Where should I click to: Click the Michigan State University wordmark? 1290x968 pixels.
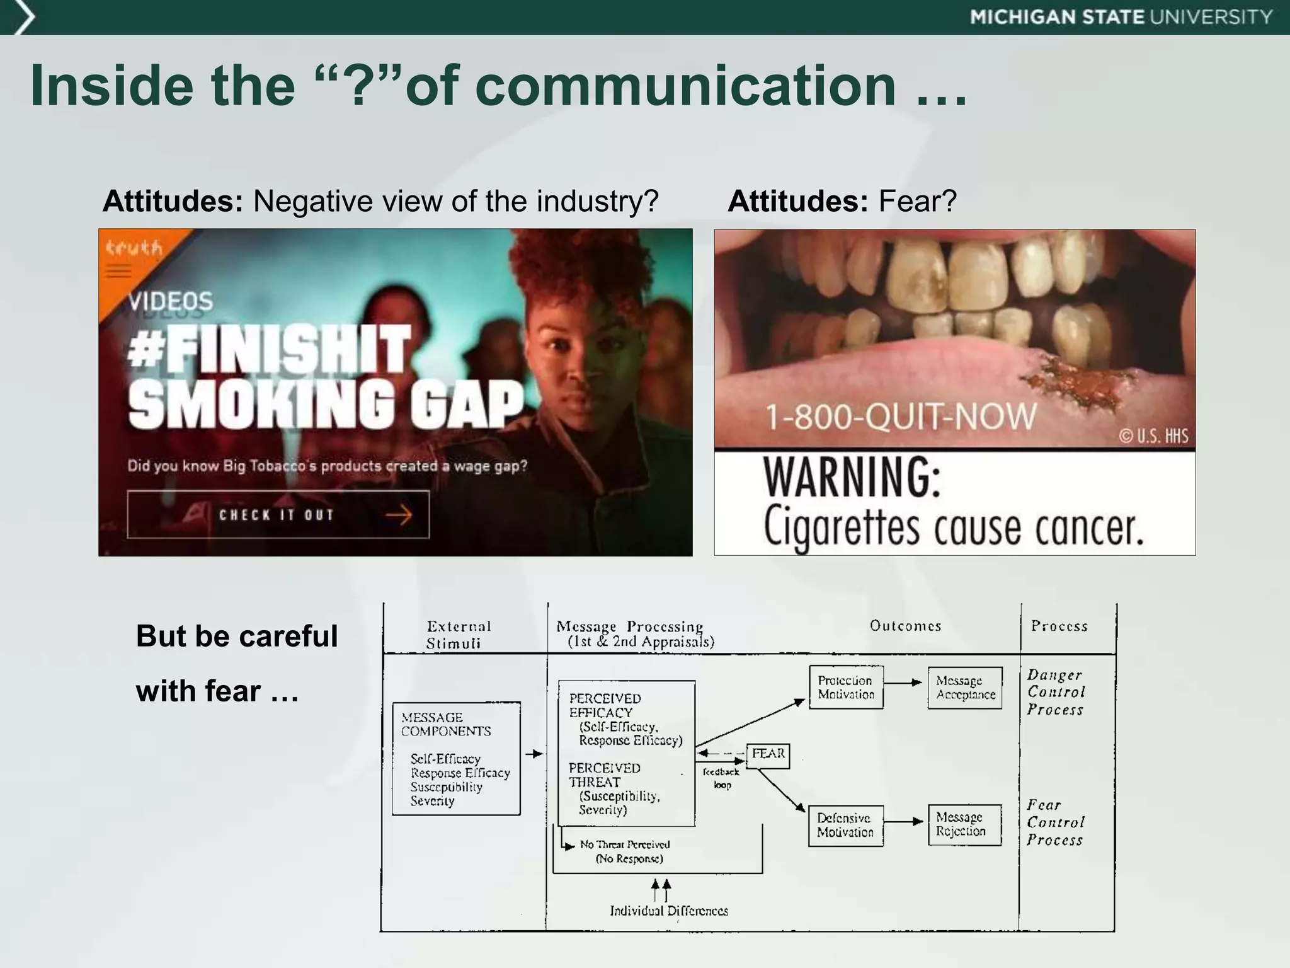click(x=1121, y=17)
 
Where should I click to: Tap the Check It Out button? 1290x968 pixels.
click(x=278, y=515)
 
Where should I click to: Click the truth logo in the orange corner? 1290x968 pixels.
click(x=134, y=248)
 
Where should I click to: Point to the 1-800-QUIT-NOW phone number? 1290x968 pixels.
click(x=900, y=417)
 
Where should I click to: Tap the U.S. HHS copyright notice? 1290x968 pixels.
click(x=1153, y=435)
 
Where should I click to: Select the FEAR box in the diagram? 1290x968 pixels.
click(x=768, y=754)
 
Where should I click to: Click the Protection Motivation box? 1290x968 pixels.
click(x=846, y=688)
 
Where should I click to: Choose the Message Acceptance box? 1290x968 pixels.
click(x=965, y=688)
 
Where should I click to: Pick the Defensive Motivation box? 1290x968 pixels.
click(x=845, y=825)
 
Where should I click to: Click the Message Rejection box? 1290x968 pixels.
click(x=964, y=824)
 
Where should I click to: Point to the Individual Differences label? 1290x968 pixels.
click(x=669, y=911)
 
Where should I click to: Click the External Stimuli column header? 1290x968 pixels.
click(x=457, y=634)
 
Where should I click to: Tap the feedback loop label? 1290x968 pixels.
click(x=721, y=778)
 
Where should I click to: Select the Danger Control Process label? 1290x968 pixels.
click(x=1056, y=692)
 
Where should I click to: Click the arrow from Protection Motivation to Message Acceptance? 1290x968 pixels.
click(x=905, y=683)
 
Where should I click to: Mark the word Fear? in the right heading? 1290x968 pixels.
click(x=917, y=202)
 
